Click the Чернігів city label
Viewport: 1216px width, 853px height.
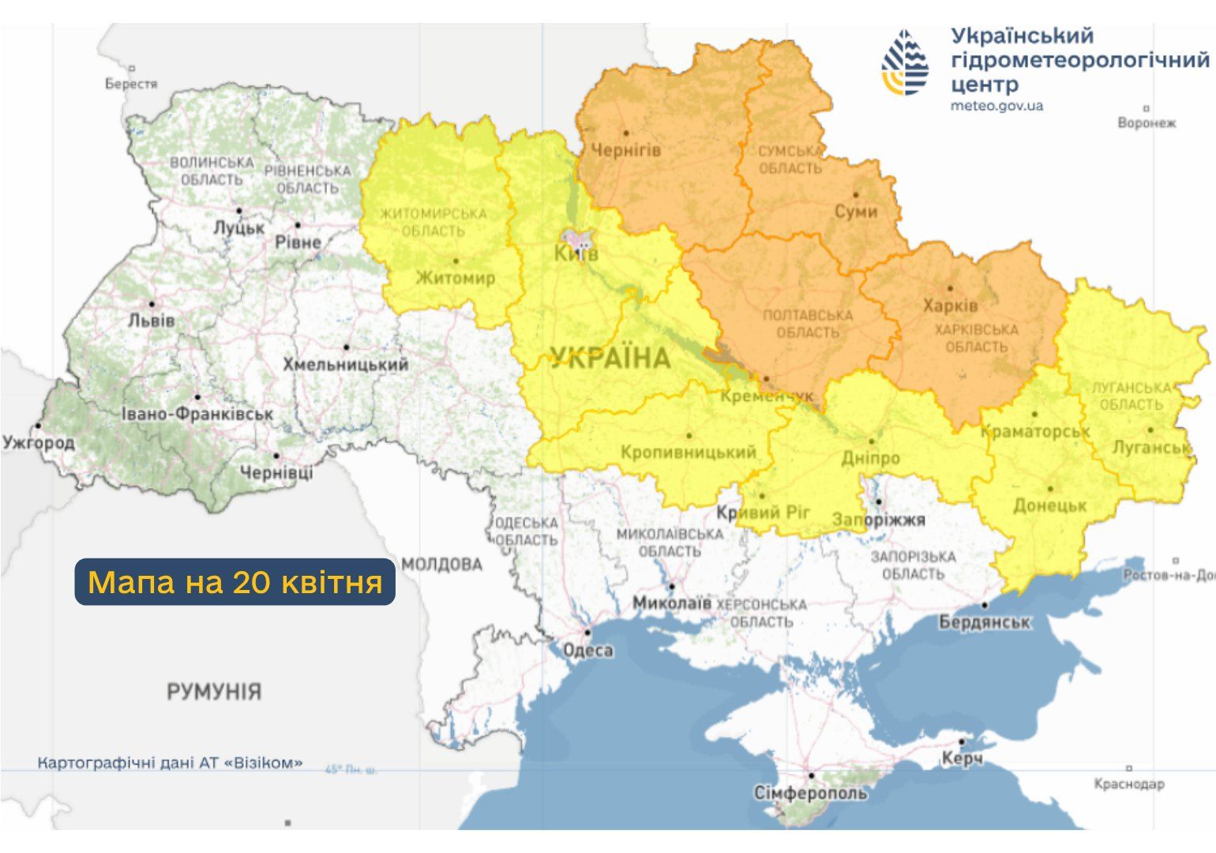pyautogui.click(x=626, y=149)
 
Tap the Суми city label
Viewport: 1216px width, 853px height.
pyautogui.click(x=856, y=211)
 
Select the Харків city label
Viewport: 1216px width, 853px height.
pyautogui.click(x=950, y=305)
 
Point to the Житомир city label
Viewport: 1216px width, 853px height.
pyautogui.click(x=455, y=277)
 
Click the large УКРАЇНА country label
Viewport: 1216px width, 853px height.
pyautogui.click(x=610, y=358)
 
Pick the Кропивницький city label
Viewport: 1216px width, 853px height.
pyautogui.click(x=688, y=453)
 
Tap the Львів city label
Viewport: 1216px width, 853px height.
pyautogui.click(x=151, y=321)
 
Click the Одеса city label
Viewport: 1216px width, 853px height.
pyautogui.click(x=587, y=650)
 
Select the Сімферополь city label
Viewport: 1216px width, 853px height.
pyautogui.click(x=810, y=792)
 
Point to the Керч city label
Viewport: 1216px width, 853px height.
pyautogui.click(x=962, y=758)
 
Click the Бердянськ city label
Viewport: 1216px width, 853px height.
pyautogui.click(x=984, y=622)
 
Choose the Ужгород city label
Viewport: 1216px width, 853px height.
pyautogui.click(x=38, y=442)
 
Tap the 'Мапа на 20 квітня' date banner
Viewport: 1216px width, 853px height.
pyautogui.click(x=235, y=582)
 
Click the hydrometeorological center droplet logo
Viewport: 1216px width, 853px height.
pyautogui.click(x=905, y=63)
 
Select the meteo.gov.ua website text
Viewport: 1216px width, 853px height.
pyautogui.click(x=996, y=106)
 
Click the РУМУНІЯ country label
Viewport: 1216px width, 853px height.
pyautogui.click(x=213, y=692)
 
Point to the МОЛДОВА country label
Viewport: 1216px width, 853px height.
pyautogui.click(x=441, y=564)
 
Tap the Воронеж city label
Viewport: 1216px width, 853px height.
pyautogui.click(x=1147, y=123)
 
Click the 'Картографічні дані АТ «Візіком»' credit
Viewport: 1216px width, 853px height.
pyautogui.click(x=170, y=763)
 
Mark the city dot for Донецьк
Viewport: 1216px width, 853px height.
pyautogui.click(x=1050, y=489)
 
